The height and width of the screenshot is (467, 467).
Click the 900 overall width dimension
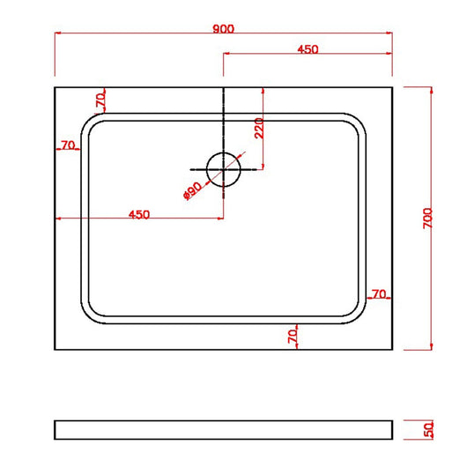tap(223, 28)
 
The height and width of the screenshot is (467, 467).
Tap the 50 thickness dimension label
tap(428, 430)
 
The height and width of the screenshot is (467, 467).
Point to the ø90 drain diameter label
tap(193, 189)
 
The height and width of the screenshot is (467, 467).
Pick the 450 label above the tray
tap(308, 49)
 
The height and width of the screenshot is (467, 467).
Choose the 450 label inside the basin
tap(139, 214)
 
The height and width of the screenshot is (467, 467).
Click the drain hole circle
tap(223, 168)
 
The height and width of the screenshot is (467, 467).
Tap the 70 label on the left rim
tap(67, 145)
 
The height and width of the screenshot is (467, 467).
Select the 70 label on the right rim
tap(379, 293)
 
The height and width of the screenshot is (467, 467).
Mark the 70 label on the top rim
tap(101, 101)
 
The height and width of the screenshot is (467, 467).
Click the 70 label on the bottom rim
tap(293, 335)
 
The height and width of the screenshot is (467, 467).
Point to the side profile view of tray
tap(223, 429)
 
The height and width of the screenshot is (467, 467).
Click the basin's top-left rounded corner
tap(89, 121)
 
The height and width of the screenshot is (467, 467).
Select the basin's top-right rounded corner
tap(358, 121)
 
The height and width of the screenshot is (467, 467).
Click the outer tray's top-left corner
tap(56, 87)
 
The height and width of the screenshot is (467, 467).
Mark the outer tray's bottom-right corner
tap(391, 349)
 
